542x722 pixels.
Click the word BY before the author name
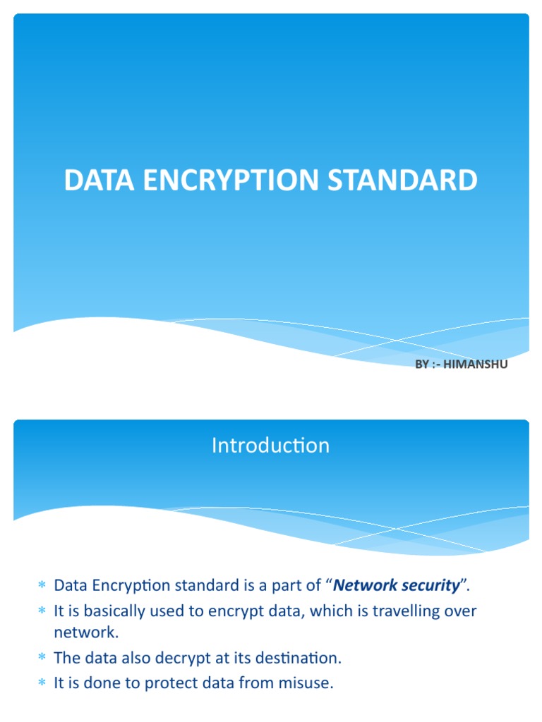click(x=422, y=364)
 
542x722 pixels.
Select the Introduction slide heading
click(x=271, y=446)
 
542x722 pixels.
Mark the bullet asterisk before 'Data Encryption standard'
click(x=41, y=585)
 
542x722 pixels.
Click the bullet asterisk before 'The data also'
click(x=41, y=659)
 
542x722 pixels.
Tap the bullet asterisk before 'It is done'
click(x=41, y=683)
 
